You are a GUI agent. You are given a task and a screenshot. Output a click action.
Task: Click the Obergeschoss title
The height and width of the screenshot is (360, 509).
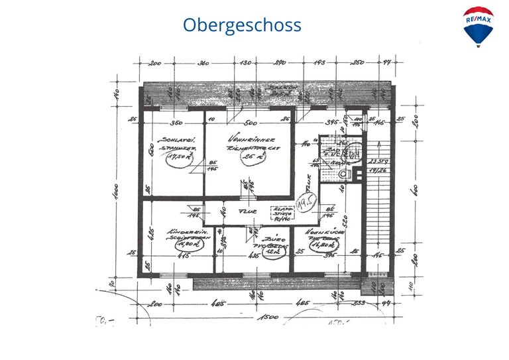point(242,25)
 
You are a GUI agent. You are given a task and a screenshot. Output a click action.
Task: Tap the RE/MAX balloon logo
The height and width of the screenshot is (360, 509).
point(478,26)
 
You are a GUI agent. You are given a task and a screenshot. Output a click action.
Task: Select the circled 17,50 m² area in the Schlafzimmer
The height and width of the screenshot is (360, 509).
point(178,157)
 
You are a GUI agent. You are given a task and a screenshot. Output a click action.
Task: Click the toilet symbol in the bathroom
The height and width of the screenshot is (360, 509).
point(344,174)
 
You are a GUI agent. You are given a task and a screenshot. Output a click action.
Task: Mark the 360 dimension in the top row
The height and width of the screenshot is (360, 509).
point(203,63)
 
